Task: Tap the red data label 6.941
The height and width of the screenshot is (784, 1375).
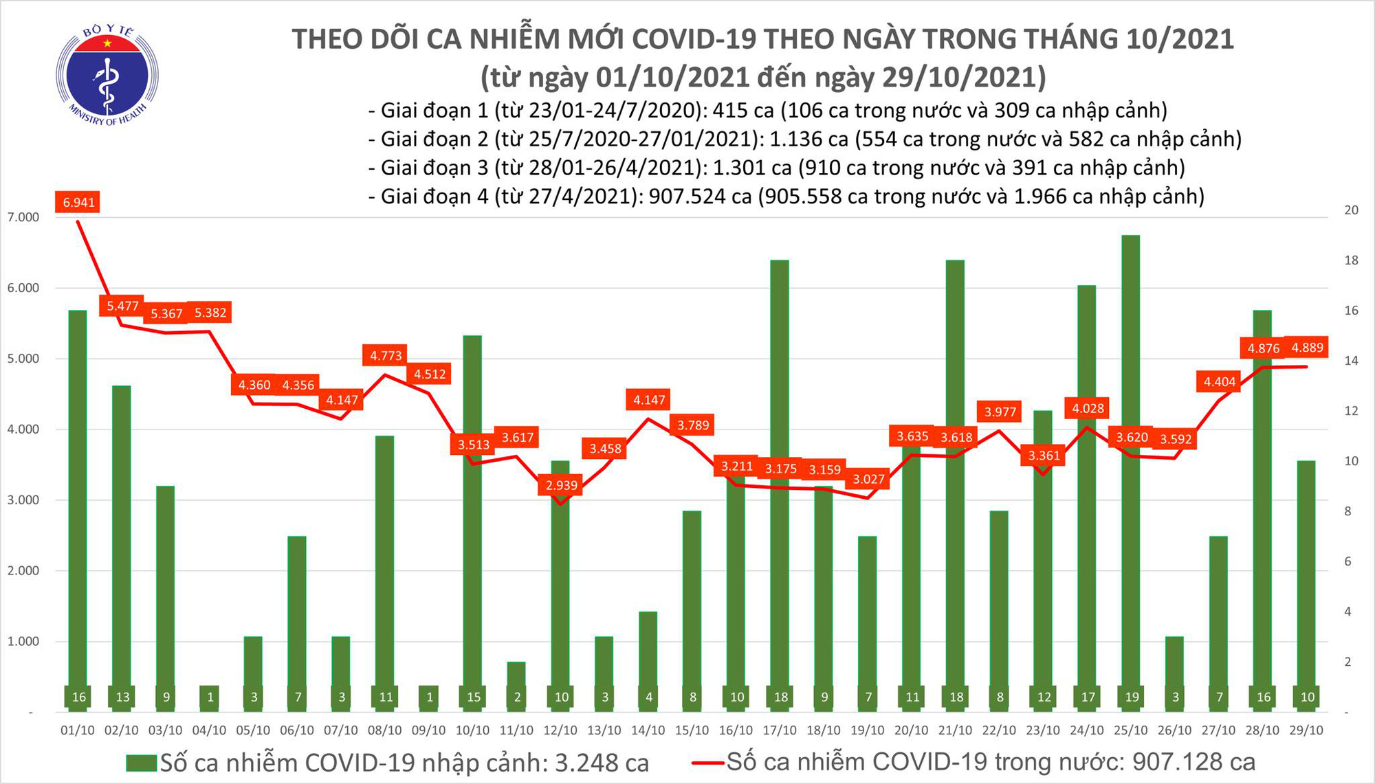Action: [x=78, y=202]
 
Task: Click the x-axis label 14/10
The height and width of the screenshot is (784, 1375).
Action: [x=648, y=730]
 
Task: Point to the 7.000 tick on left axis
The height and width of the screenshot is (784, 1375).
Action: [x=23, y=217]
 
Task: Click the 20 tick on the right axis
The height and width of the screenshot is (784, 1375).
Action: [x=1351, y=210]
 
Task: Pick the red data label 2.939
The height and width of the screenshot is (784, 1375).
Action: [x=562, y=485]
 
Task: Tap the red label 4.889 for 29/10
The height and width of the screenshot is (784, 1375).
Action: [x=1308, y=348]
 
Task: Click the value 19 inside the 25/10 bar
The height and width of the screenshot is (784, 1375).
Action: [x=1132, y=697]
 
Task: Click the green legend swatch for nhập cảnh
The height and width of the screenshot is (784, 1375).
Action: [x=142, y=763]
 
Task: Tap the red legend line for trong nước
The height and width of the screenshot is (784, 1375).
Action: [x=707, y=762]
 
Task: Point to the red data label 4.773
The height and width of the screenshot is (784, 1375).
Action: [x=386, y=355]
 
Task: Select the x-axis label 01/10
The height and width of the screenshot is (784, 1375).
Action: [x=77, y=730]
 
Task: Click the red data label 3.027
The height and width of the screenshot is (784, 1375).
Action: [x=868, y=479]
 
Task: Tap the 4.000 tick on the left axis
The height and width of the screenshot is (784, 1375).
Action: [x=23, y=429]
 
